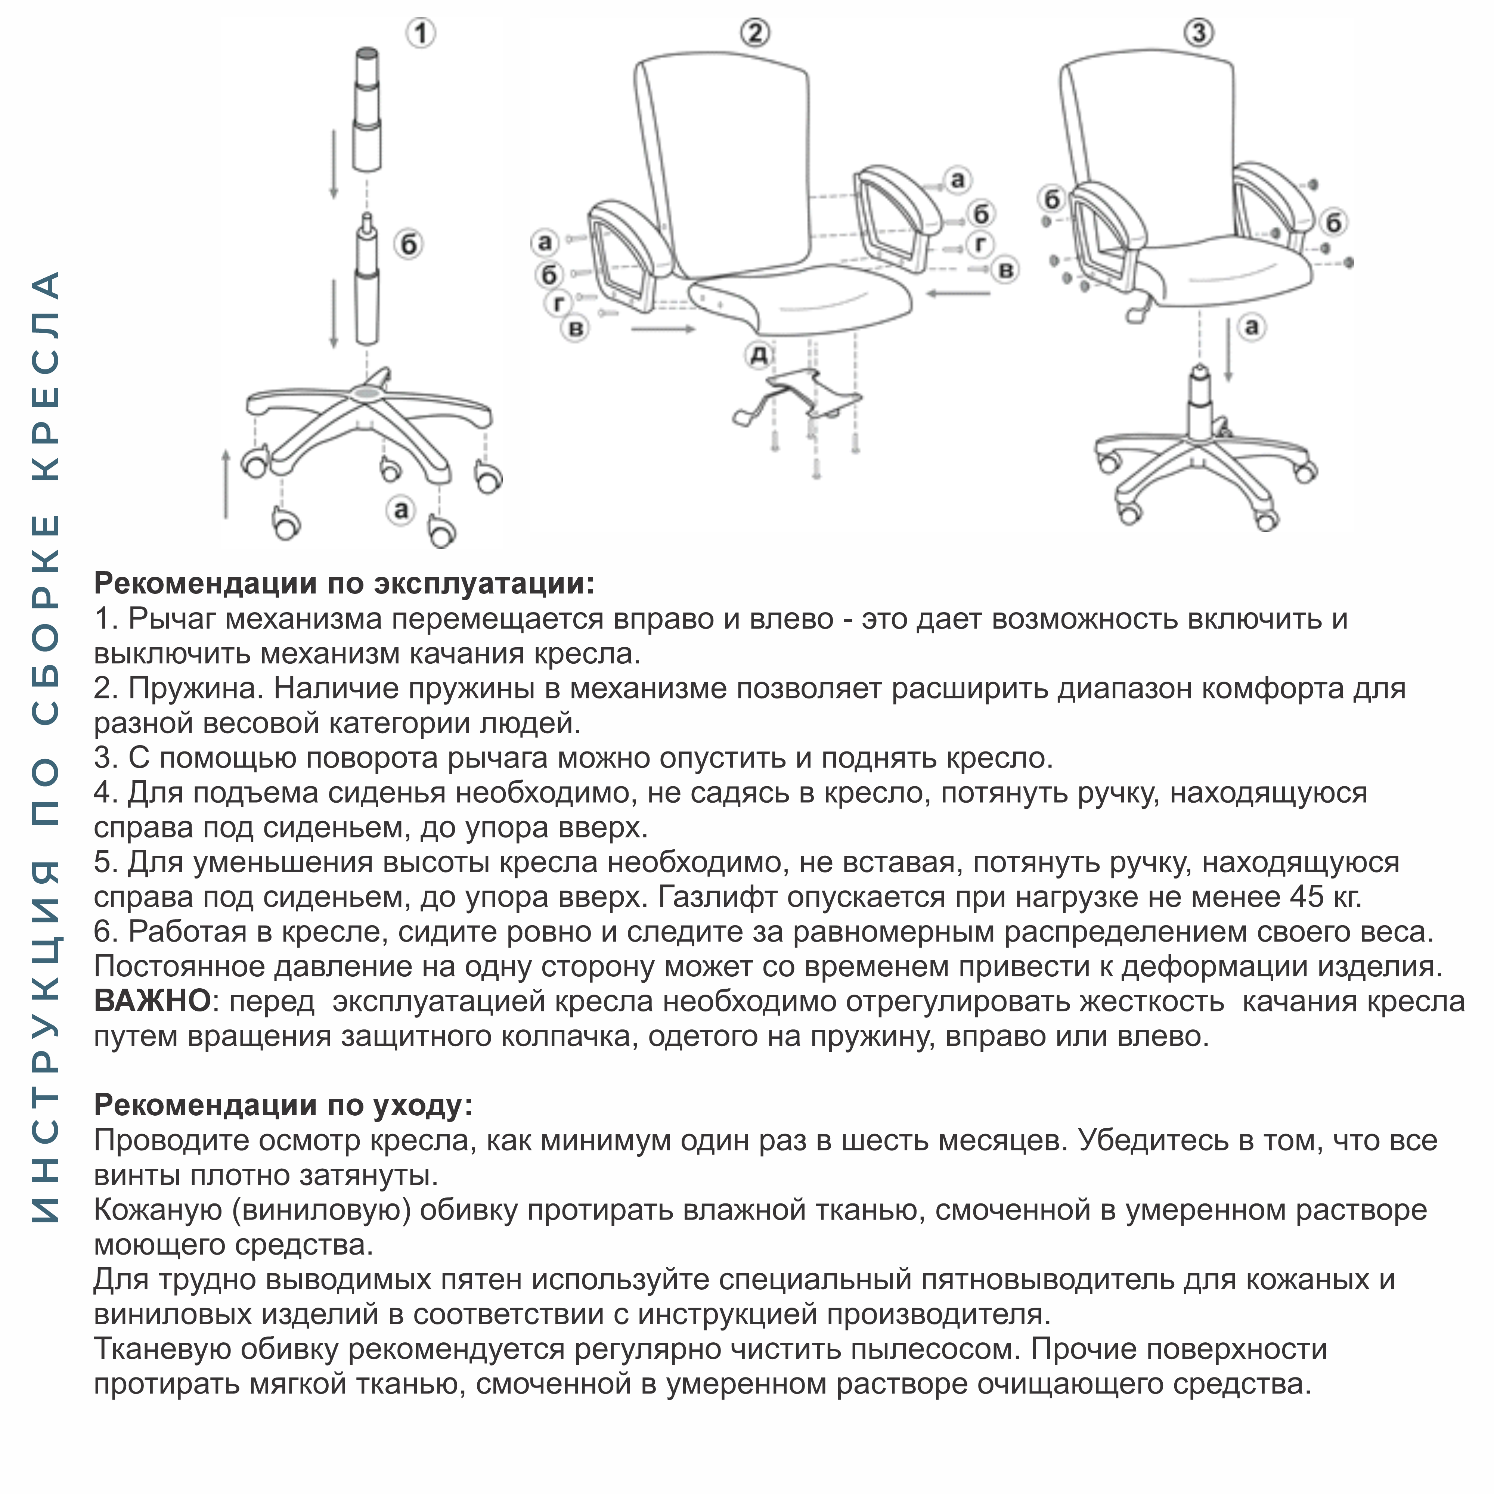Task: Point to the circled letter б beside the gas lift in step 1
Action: pos(408,245)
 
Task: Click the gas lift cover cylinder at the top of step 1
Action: pos(367,108)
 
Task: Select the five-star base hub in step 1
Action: pos(366,393)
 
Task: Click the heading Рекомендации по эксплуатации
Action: pos(344,583)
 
